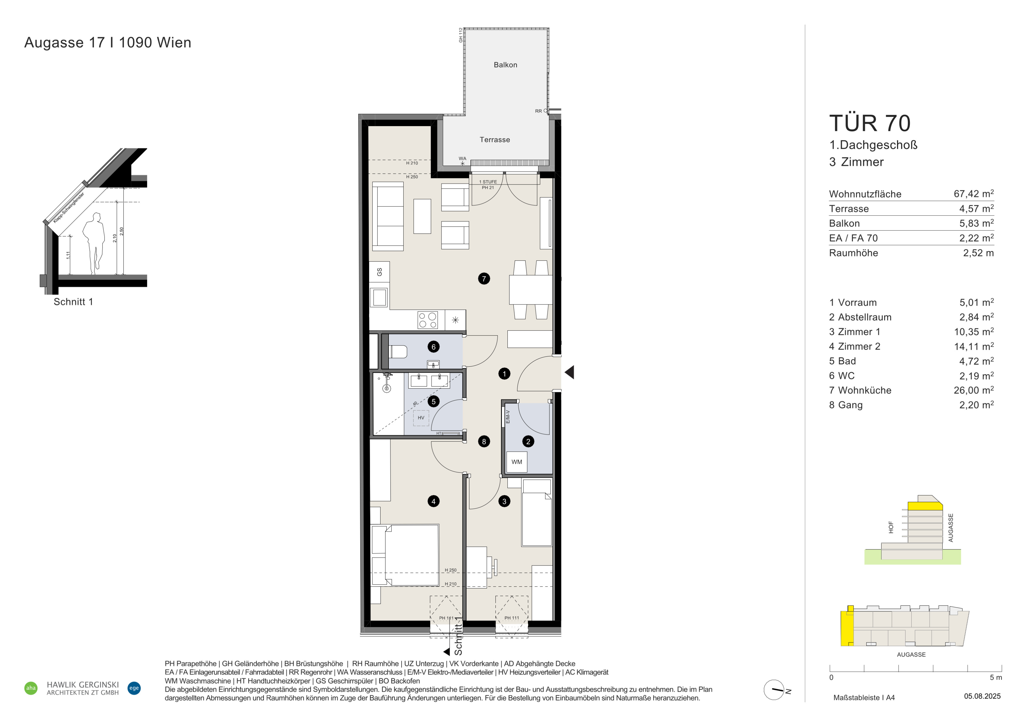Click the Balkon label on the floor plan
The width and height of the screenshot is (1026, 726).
(x=505, y=65)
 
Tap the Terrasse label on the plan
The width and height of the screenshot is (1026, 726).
(x=495, y=140)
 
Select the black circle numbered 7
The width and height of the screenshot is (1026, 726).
(x=484, y=279)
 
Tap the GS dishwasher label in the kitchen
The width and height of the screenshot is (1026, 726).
(x=379, y=272)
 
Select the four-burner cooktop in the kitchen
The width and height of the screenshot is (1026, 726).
(x=428, y=320)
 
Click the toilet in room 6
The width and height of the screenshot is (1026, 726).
(x=398, y=352)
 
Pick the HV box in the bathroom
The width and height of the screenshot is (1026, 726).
(x=421, y=418)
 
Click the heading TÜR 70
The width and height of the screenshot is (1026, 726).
(x=869, y=123)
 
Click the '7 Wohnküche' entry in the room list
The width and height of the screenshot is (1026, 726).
(x=860, y=390)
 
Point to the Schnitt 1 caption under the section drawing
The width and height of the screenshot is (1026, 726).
(x=73, y=302)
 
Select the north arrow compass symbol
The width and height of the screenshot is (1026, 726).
(x=774, y=690)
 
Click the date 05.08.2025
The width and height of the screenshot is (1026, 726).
(x=982, y=696)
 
